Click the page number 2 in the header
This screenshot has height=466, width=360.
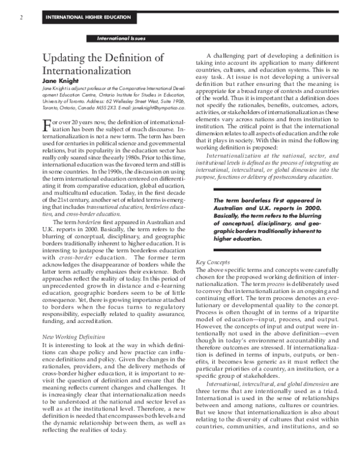click(22, 17)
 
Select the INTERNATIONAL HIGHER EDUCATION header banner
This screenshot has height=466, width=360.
click(88, 17)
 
